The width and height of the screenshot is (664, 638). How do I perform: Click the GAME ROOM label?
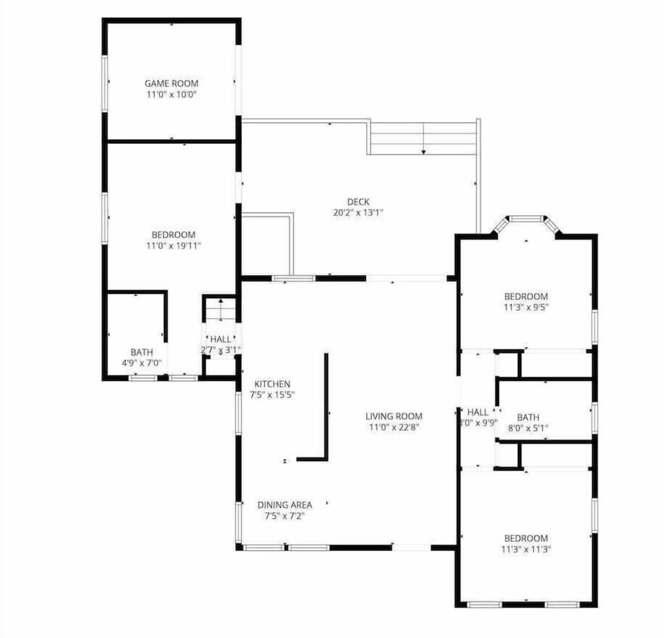pyautogui.click(x=172, y=83)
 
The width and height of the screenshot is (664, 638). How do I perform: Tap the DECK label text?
pyautogui.click(x=358, y=202)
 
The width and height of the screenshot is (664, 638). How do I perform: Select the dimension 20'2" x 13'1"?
pyautogui.click(x=358, y=213)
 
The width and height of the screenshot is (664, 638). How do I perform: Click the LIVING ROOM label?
pyautogui.click(x=394, y=416)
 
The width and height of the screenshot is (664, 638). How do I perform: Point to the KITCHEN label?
pyautogui.click(x=273, y=384)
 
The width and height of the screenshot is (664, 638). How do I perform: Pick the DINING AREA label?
pyautogui.click(x=284, y=505)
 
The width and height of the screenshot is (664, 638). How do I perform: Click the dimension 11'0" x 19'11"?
pyautogui.click(x=174, y=245)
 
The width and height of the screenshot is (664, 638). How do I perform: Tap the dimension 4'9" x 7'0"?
pyautogui.click(x=142, y=363)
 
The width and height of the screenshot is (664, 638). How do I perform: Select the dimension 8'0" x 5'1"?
pyautogui.click(x=528, y=428)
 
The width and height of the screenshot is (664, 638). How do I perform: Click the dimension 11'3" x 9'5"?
pyautogui.click(x=526, y=308)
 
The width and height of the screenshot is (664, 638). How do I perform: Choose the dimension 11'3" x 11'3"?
pyautogui.click(x=526, y=550)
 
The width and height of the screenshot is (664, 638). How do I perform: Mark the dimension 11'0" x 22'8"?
pyautogui.click(x=394, y=427)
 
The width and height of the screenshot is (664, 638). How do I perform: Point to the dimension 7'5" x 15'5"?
pyautogui.click(x=273, y=395)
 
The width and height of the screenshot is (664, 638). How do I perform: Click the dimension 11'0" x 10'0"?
pyautogui.click(x=172, y=94)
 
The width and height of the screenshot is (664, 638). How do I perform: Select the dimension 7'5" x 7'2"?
pyautogui.click(x=284, y=516)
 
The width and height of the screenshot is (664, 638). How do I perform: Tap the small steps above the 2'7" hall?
pyautogui.click(x=221, y=310)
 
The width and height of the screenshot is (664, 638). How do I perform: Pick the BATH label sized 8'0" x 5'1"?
pyautogui.click(x=528, y=417)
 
